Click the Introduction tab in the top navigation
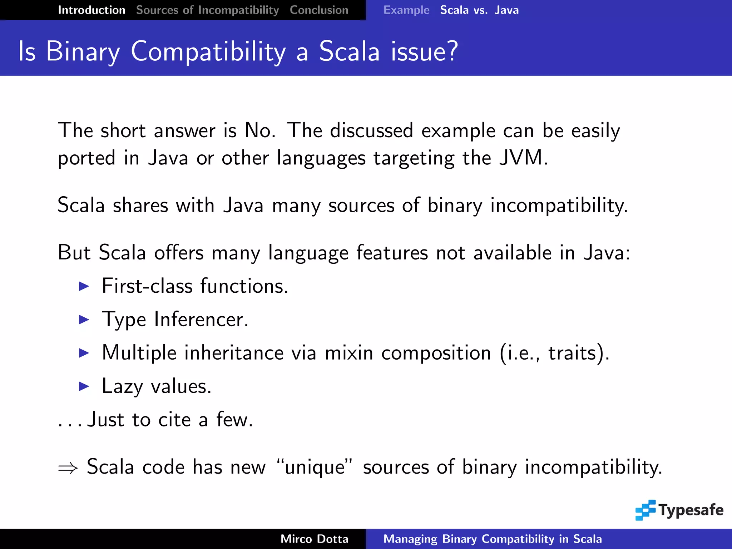pyautogui.click(x=91, y=10)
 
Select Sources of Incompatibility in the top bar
pyautogui.click(x=207, y=10)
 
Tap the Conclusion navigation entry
pyautogui.click(x=319, y=10)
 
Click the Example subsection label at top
pyautogui.click(x=406, y=10)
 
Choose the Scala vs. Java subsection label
pyautogui.click(x=479, y=10)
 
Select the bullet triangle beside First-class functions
pyautogui.click(x=84, y=286)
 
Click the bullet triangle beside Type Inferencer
pyautogui.click(x=84, y=319)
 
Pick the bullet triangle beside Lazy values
pyautogui.click(x=84, y=386)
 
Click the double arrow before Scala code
pyautogui.click(x=68, y=468)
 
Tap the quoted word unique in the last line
pyautogui.click(x=315, y=467)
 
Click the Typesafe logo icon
pyautogui.click(x=646, y=510)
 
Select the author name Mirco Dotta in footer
pyautogui.click(x=314, y=539)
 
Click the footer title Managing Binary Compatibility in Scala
pyautogui.click(x=492, y=539)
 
